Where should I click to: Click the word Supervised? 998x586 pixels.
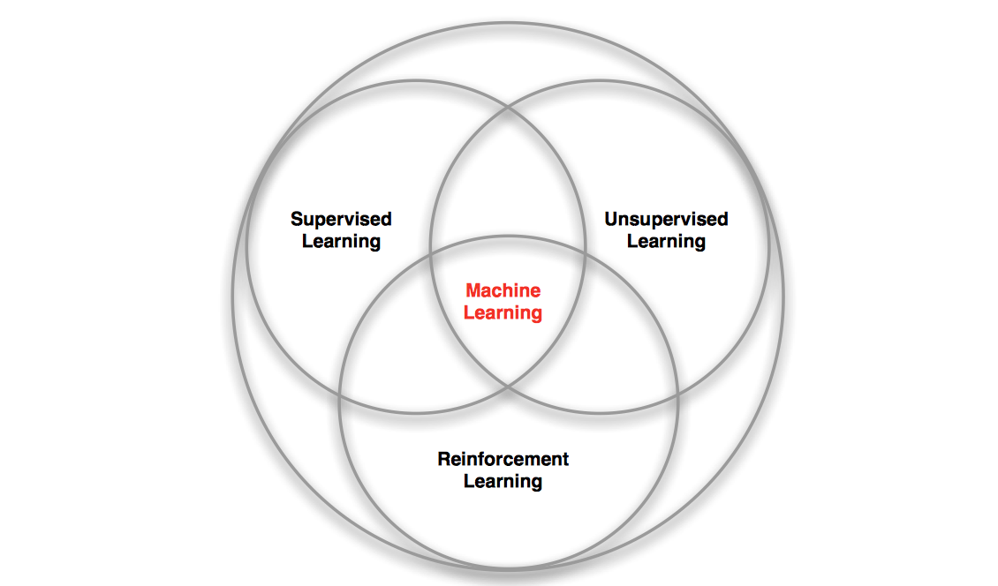coord(341,219)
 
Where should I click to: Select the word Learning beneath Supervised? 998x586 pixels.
coord(341,241)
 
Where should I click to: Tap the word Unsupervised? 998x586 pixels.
coord(666,219)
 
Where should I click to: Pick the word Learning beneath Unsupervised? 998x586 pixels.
coord(666,241)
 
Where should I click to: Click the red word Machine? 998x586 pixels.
coord(503,290)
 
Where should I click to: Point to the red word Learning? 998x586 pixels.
coord(503,312)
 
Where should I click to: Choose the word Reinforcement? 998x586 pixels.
coord(503,459)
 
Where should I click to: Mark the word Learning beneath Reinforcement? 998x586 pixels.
coord(503,481)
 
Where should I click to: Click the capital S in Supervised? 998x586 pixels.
coord(297,219)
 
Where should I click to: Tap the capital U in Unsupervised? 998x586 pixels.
coord(611,219)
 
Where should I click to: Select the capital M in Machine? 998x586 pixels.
coord(473,290)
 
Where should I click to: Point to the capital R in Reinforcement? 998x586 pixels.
coord(443,459)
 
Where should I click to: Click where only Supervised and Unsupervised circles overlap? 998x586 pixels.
coord(508,177)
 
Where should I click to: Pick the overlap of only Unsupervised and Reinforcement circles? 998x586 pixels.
coord(623,353)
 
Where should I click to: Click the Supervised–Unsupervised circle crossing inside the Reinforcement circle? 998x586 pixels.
coord(508,386)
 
